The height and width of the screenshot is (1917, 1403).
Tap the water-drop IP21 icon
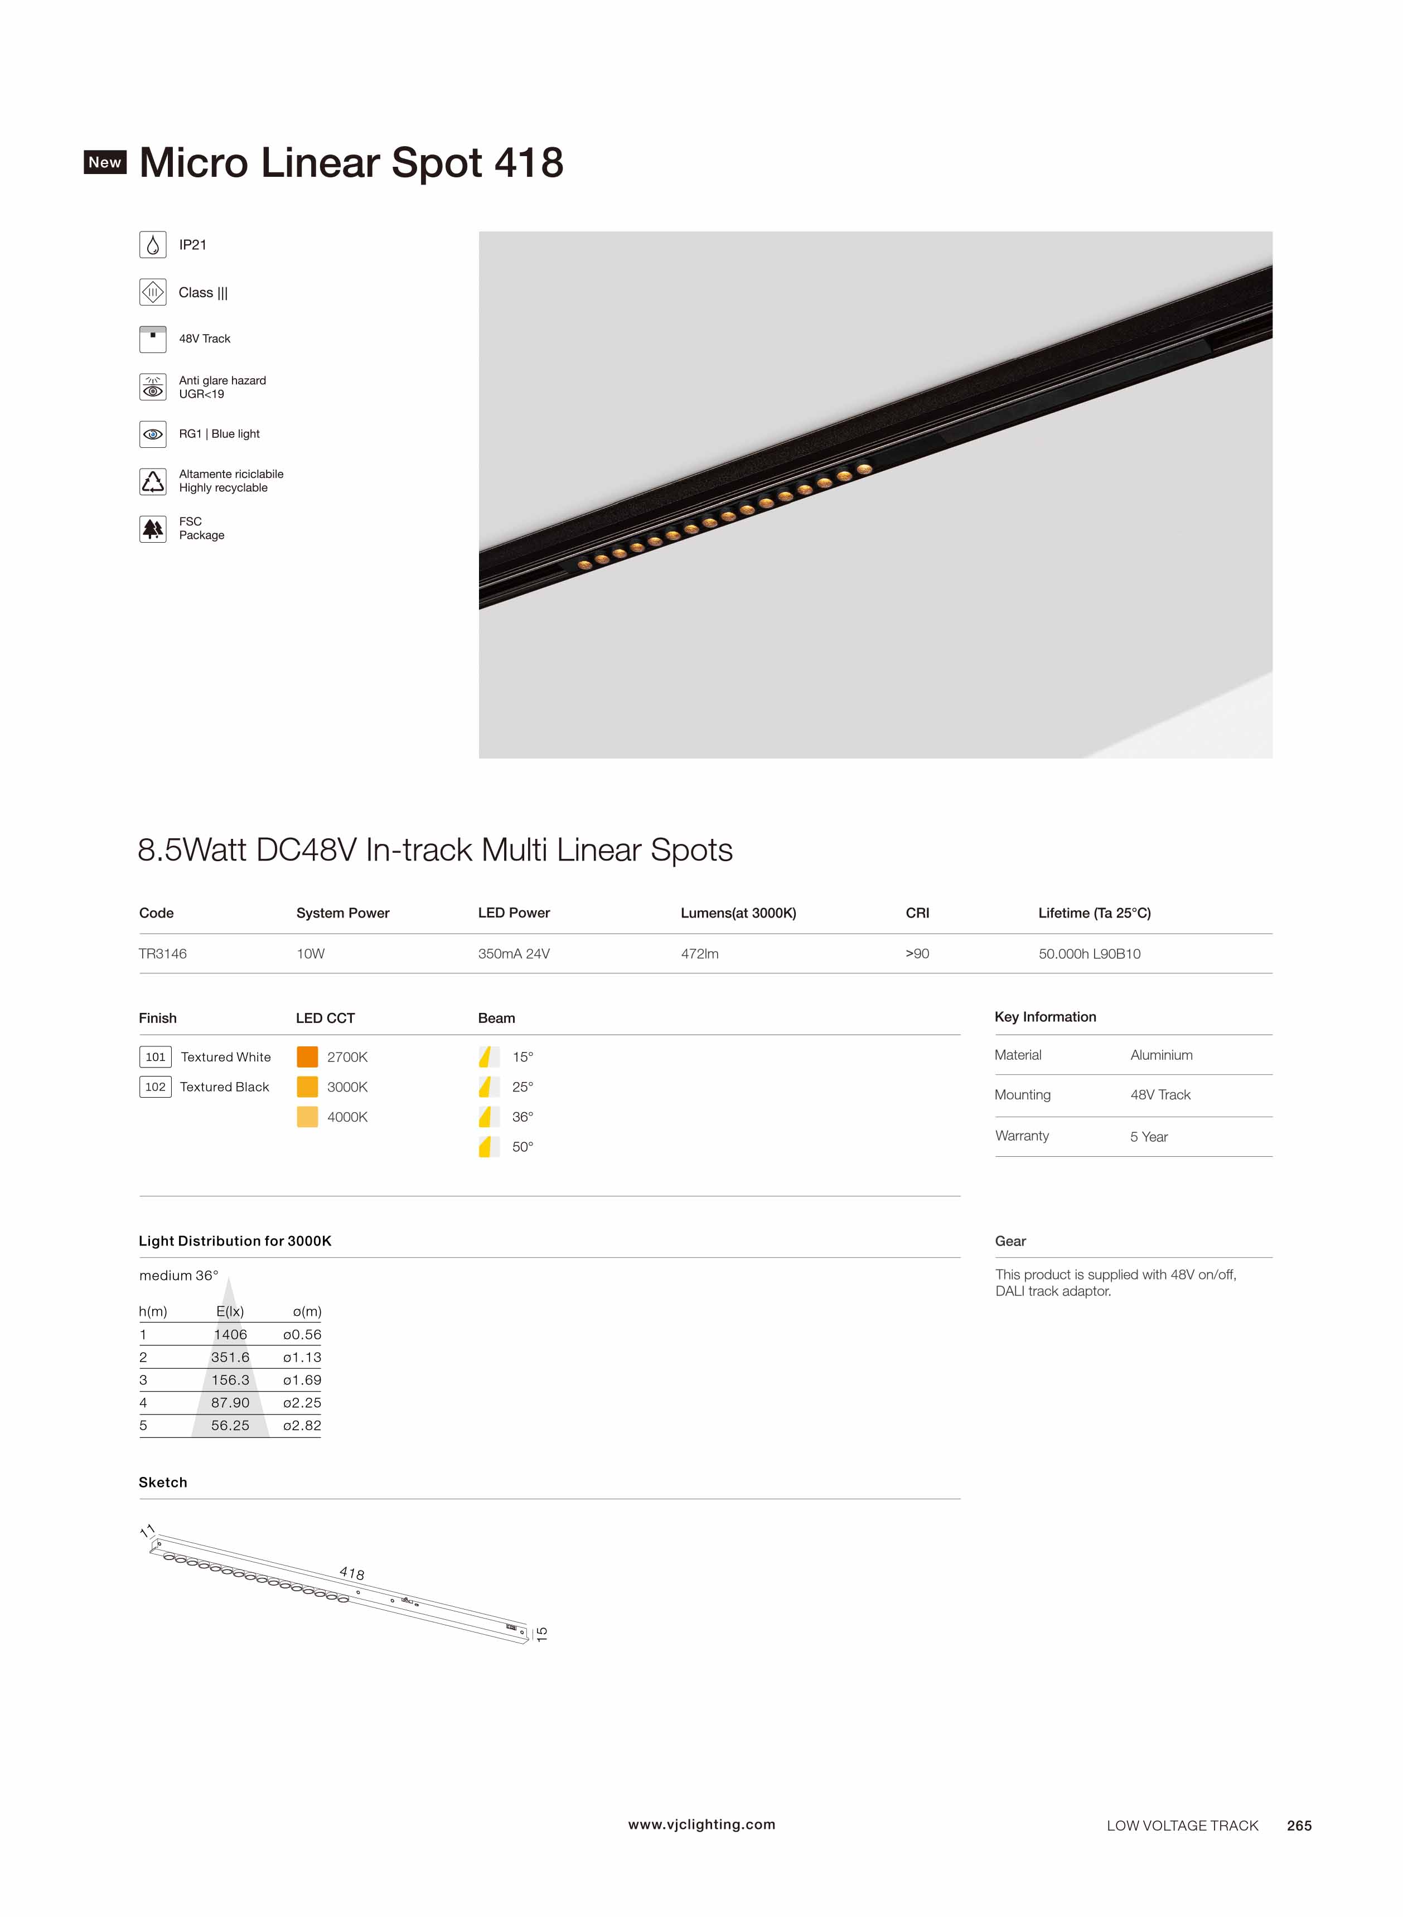(153, 245)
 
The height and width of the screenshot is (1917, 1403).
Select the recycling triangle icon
(153, 481)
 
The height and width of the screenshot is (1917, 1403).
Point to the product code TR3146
(163, 954)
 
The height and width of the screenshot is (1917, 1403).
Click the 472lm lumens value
(700, 954)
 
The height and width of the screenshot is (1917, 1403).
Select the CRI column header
(917, 913)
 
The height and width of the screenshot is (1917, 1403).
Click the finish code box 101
(156, 1056)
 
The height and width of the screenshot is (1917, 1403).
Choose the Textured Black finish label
(224, 1087)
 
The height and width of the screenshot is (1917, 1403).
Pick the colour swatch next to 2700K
(307, 1056)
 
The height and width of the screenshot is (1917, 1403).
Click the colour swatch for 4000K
(307, 1117)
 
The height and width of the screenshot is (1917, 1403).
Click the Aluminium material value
(1161, 1055)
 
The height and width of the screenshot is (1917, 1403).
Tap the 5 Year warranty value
(1148, 1137)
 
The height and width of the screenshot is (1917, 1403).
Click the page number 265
(1299, 1826)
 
